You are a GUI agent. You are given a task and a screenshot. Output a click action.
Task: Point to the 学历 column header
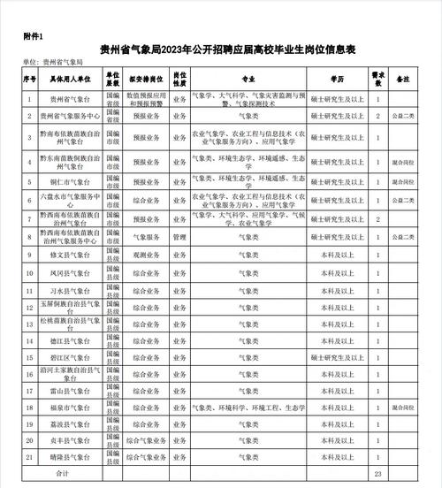click(337, 78)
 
